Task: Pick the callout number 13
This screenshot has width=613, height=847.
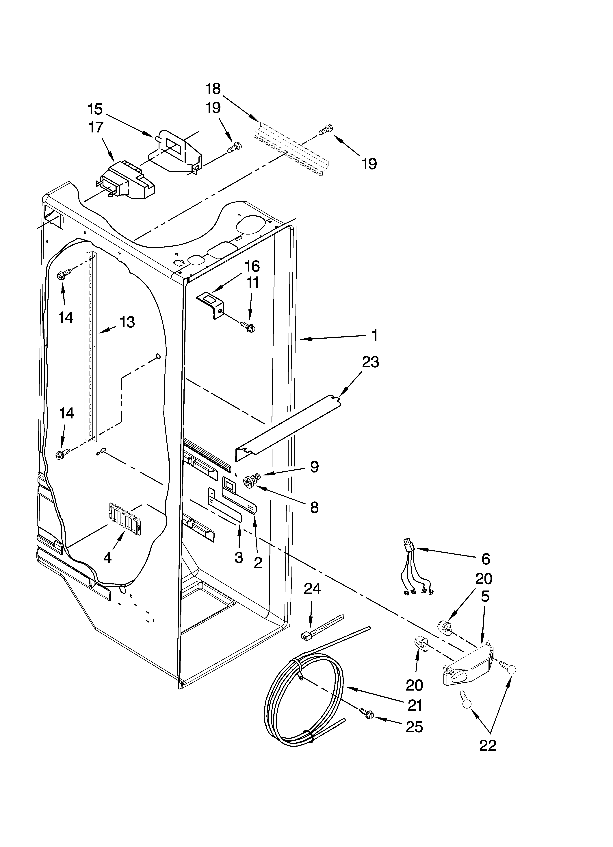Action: [x=127, y=322]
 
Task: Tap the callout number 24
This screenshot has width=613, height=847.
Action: [x=312, y=589]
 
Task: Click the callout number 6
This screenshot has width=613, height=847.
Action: [x=485, y=559]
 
